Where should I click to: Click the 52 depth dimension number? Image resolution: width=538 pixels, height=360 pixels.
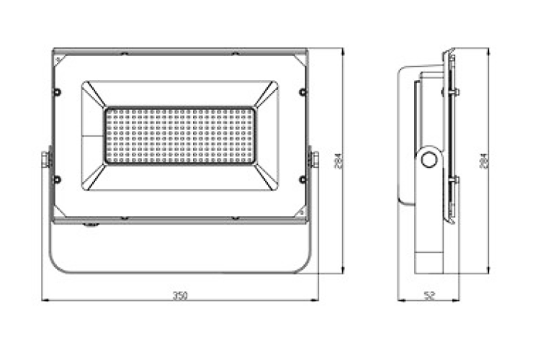[x=429, y=294]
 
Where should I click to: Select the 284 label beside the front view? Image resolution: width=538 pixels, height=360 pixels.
[x=337, y=161]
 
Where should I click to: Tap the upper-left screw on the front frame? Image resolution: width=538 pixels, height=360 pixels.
[x=58, y=91]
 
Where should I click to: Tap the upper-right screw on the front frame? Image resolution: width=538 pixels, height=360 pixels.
[x=302, y=91]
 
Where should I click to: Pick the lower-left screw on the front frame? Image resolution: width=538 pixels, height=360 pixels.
[x=58, y=179]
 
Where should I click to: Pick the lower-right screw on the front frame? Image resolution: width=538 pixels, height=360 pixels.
[x=302, y=179]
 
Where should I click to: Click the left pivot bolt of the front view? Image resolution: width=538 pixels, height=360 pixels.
[x=45, y=158]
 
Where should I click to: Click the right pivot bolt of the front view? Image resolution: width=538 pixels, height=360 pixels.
[x=314, y=158]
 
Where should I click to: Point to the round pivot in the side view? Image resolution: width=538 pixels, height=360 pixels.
[x=430, y=159]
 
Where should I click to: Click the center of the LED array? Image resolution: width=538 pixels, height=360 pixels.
[x=180, y=135]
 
